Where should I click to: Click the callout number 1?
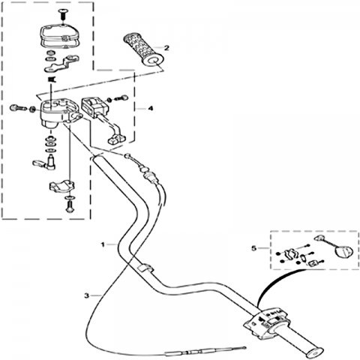click(x=103, y=244)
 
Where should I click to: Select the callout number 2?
click(x=166, y=47)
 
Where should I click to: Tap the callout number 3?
click(x=86, y=295)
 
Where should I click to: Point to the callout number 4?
click(x=150, y=109)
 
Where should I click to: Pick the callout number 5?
click(x=254, y=248)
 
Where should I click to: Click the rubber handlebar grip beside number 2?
click(x=144, y=51)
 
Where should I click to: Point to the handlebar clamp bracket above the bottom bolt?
click(x=61, y=186)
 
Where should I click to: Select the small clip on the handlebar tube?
click(x=144, y=268)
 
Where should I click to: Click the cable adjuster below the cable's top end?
click(x=149, y=177)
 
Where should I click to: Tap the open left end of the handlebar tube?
click(x=97, y=157)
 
